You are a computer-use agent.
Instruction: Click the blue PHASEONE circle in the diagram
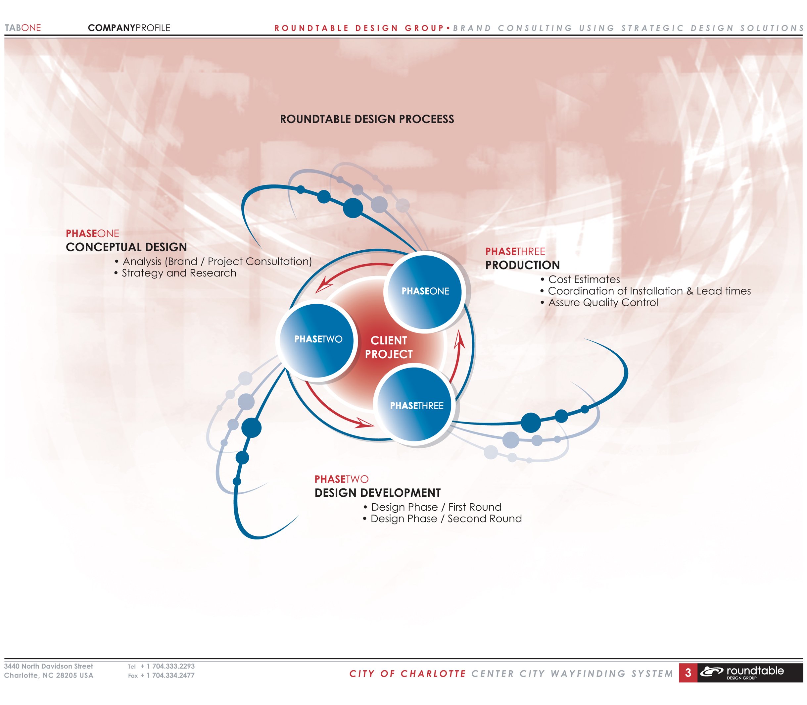pos(424,291)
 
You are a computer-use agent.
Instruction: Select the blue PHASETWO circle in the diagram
pos(317,340)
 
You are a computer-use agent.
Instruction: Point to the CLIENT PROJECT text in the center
pos(389,347)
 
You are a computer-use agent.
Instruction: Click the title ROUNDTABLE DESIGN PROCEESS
pos(367,119)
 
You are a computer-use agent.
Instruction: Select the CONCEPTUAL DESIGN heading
pos(126,247)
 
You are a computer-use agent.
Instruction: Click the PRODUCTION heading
pos(522,265)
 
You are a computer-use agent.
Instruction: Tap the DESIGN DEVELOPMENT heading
pos(378,493)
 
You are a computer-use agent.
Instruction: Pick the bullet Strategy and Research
pos(175,273)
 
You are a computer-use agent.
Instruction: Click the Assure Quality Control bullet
pos(599,303)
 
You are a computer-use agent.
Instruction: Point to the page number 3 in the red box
pos(688,673)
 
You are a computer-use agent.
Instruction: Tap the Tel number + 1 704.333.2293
pos(167,666)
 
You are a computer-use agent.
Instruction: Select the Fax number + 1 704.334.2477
pos(167,676)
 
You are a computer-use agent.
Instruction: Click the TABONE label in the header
pos(23,28)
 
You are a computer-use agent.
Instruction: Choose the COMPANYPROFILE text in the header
pos(129,28)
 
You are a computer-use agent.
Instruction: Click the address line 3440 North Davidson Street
pos(48,666)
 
